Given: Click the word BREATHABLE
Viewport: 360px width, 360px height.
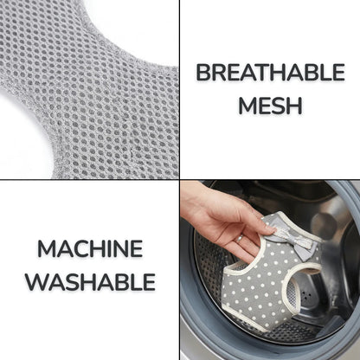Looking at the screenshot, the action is click(271, 72).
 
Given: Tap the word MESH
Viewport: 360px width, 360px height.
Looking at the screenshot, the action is click(270, 106).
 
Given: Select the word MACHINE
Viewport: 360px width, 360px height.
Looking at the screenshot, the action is click(90, 248).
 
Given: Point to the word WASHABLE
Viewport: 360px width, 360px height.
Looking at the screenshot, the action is click(90, 281).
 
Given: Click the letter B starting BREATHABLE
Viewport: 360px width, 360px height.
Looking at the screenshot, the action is click(203, 72).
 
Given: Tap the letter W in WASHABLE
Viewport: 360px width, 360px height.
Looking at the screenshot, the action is click(36, 281).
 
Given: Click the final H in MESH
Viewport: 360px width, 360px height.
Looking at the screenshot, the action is click(295, 106).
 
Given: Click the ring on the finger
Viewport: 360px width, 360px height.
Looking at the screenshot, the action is click(240, 238).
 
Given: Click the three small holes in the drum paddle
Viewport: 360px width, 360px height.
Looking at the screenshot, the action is click(306, 295).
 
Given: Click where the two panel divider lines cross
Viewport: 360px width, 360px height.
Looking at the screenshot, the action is click(179, 179).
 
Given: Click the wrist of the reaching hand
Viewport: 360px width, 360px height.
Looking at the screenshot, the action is click(192, 202).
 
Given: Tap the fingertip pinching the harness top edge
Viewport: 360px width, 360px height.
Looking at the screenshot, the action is click(271, 229).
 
